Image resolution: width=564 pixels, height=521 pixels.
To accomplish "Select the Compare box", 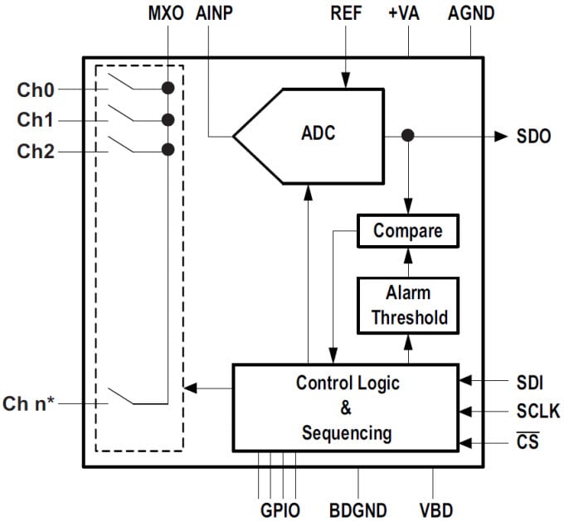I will tap(407, 231).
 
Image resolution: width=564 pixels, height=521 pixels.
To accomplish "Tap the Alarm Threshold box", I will tap(407, 305).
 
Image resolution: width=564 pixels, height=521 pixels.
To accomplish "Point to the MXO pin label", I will tap(166, 13).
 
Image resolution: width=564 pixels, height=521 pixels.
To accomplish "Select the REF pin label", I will tap(346, 13).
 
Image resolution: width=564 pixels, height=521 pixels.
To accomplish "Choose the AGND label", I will tap(470, 13).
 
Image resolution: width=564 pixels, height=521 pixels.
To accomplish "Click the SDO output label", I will tap(533, 137).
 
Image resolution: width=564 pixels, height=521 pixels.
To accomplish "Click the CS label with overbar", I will tap(527, 441).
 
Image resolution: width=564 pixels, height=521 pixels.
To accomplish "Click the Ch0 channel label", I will tap(35, 89).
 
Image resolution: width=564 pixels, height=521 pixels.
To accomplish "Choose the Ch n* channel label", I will tap(32, 405).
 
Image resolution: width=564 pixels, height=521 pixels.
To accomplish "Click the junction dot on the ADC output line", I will tap(407, 136).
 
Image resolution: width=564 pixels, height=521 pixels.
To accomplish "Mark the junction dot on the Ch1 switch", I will tap(168, 119).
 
